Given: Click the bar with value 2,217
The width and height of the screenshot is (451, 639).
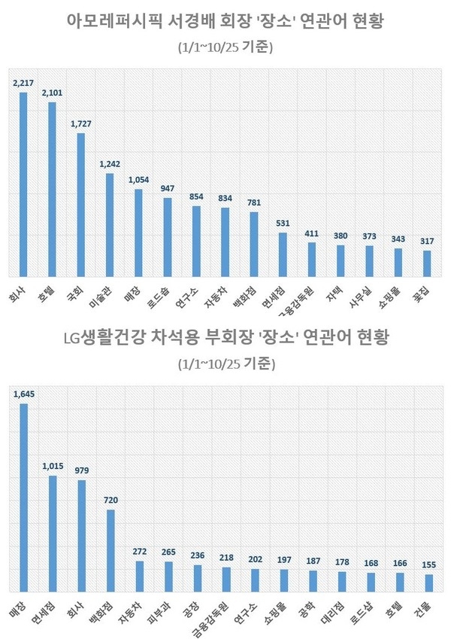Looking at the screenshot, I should tap(23, 184).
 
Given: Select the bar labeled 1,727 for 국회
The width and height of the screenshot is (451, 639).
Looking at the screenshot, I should tap(80, 204).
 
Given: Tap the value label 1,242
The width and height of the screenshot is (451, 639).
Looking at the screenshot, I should tap(110, 163).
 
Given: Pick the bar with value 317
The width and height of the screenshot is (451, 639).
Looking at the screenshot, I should tap(427, 263).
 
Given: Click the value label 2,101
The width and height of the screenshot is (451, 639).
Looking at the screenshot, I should tap(52, 93).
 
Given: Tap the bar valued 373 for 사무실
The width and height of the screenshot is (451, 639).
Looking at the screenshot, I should tap(369, 260).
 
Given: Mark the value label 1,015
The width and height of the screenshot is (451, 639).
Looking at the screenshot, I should tap(53, 466).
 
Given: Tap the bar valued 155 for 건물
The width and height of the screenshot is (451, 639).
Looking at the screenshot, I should tap(428, 583).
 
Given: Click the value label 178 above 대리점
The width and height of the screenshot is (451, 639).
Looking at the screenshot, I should tap(342, 562).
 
